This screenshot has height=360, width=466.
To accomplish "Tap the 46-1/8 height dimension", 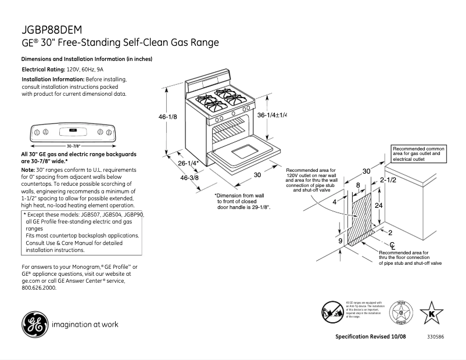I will coord(167,117).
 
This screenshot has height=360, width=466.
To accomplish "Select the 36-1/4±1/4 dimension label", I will coord(272,115).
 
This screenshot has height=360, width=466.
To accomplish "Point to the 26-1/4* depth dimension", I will coord(188,163).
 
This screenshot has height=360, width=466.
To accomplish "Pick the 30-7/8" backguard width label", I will coord(73,146).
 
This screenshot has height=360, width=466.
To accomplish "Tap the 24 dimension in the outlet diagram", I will coord(379,206).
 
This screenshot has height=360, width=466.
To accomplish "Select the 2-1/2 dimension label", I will coord(388,181).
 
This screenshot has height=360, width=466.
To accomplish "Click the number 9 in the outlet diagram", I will coord(340,240).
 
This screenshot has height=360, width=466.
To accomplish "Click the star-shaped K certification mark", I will coord(431,314).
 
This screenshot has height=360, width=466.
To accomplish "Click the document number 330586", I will coord(436,337).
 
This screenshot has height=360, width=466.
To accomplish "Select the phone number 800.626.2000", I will coord(39,288).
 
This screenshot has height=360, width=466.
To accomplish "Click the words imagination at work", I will coord(85,325).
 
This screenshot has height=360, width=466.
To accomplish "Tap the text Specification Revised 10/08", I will coord(372,337).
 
